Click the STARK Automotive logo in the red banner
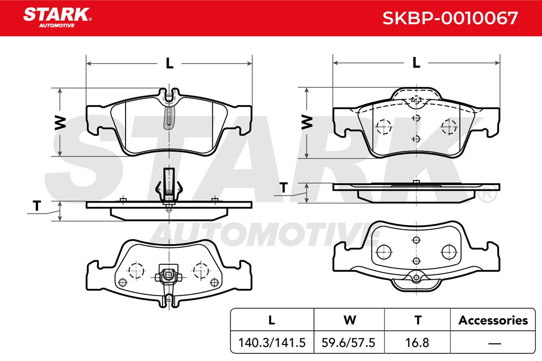point(58,18)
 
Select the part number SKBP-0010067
point(450,18)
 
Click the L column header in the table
point(272,320)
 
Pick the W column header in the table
point(350,320)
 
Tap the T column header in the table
point(418,320)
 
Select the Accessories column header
point(493,320)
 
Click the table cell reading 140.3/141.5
point(272,342)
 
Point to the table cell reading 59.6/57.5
point(348,342)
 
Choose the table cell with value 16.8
point(417,342)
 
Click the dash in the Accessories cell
point(495,343)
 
